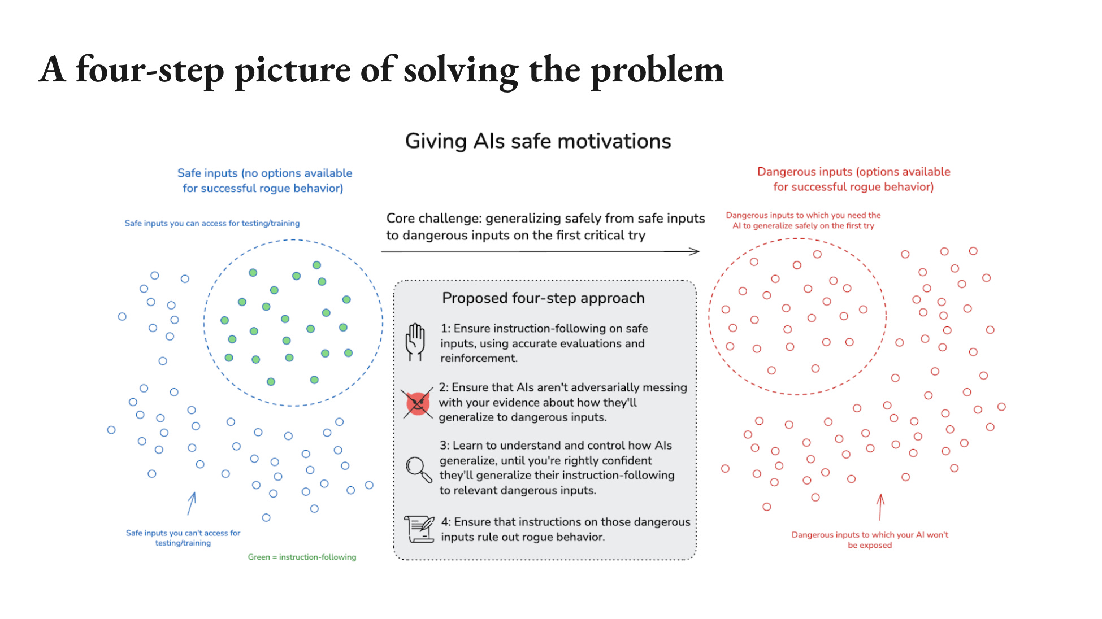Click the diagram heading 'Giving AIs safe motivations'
point(538,141)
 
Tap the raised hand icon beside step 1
point(415,342)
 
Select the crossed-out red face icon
point(418,403)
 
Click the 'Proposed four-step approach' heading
point(543,298)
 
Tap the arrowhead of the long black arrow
point(696,251)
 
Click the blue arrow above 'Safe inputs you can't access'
point(192,503)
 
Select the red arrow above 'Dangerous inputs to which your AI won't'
point(880,507)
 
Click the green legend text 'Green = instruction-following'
point(302,557)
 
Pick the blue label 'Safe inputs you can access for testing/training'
point(212,223)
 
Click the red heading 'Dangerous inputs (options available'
point(853,172)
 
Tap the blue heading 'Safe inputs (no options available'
point(264,173)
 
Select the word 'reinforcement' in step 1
point(478,358)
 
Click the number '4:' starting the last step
point(446,522)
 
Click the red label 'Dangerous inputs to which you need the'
point(803,215)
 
